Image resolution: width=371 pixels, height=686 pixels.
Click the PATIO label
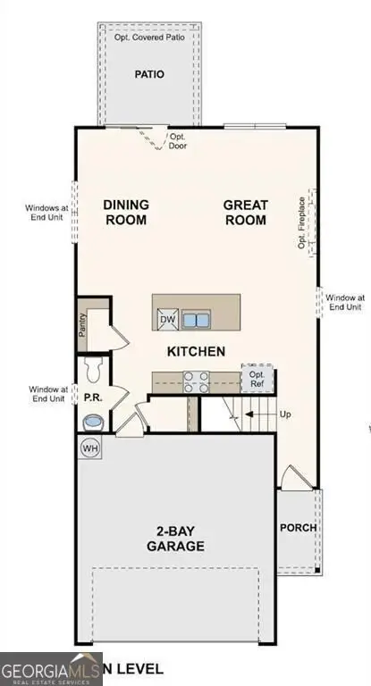click(x=150, y=75)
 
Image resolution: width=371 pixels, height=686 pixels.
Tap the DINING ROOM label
click(x=126, y=212)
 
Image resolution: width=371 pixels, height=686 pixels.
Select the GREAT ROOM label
click(x=246, y=212)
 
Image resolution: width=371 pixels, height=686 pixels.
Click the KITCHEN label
click(x=196, y=351)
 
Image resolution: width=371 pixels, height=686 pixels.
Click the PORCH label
click(x=298, y=528)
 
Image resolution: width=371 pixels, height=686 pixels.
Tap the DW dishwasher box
click(x=167, y=320)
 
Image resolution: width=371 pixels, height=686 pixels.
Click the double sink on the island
click(x=196, y=320)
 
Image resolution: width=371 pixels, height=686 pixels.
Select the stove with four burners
click(x=196, y=381)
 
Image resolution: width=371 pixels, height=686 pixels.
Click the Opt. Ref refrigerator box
click(x=257, y=379)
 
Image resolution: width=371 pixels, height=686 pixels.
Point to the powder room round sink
click(x=92, y=421)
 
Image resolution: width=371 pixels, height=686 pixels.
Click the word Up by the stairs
click(x=286, y=415)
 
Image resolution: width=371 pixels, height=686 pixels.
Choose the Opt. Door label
click(x=178, y=141)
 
